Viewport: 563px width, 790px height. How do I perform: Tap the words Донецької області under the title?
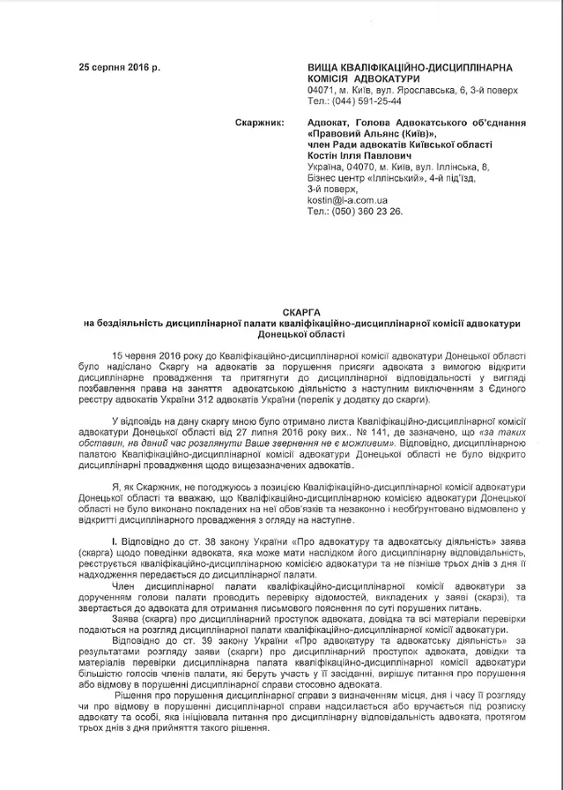point(281,336)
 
